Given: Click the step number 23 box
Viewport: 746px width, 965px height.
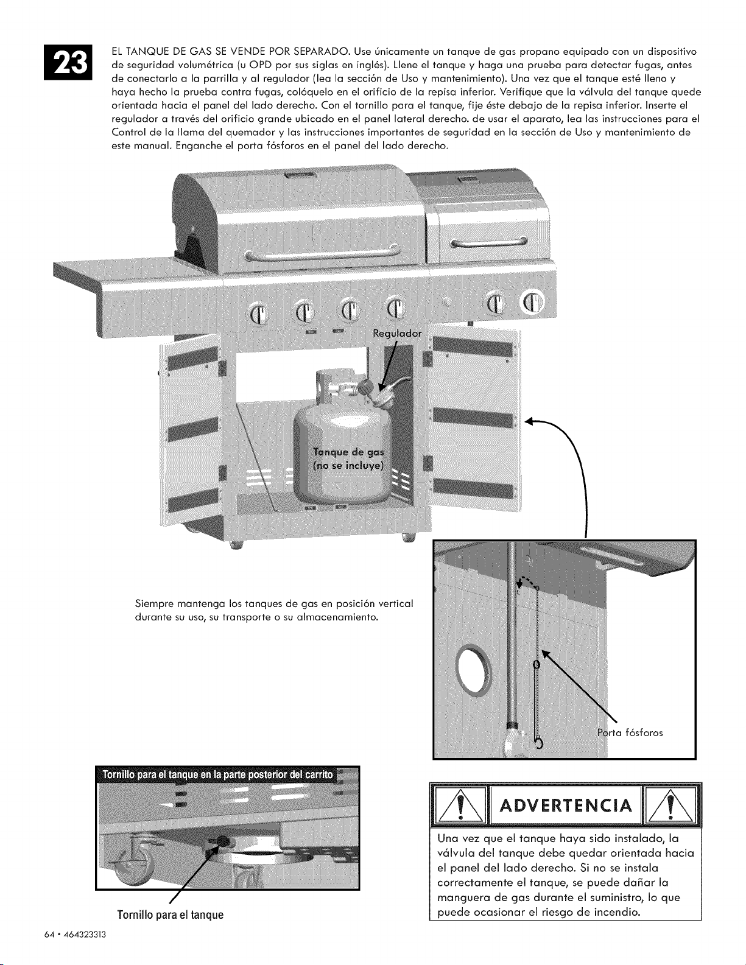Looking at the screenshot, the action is click(68, 63).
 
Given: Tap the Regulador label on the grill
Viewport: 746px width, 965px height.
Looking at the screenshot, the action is click(397, 334).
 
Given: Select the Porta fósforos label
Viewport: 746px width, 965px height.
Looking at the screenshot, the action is click(630, 733).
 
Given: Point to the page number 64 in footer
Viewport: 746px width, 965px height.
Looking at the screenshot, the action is click(48, 935).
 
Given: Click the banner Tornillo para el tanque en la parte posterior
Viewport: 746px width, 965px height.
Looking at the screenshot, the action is click(217, 775).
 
